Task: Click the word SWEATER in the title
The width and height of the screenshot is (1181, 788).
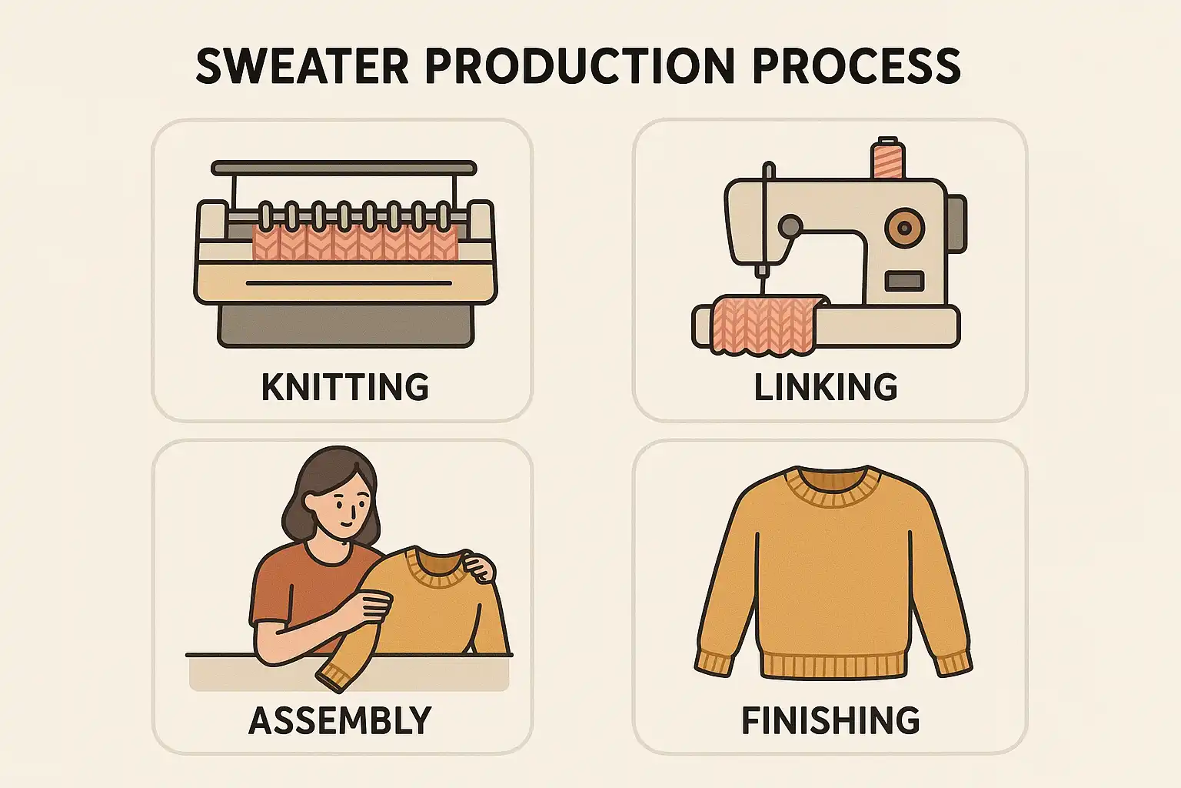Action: coord(302,66)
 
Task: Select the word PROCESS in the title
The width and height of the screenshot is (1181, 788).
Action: coord(857,66)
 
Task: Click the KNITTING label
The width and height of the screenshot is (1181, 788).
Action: coord(345,387)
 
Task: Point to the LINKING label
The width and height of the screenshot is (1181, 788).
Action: coord(826,387)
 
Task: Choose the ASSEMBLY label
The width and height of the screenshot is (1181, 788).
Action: coord(340,720)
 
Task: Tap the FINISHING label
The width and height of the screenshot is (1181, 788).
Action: coord(830,720)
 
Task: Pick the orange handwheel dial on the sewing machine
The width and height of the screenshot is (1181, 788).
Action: coord(905,228)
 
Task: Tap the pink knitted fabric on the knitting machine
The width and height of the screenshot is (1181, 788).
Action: coord(355,242)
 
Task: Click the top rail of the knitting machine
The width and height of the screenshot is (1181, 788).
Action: coord(344,169)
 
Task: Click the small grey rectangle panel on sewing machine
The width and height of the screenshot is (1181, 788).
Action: coord(904,282)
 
